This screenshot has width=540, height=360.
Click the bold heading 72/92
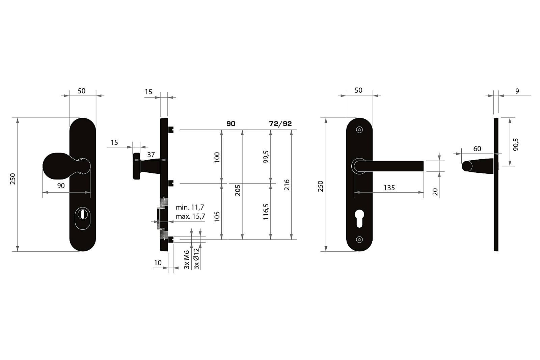(x=280, y=123)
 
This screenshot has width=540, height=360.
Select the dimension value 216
(x=287, y=185)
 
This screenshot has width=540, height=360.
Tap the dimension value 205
(x=238, y=190)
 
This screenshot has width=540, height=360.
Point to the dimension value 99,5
(x=266, y=157)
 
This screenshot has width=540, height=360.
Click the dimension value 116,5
(x=266, y=212)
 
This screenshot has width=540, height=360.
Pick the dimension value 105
(x=217, y=216)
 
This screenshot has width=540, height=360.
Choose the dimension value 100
(x=217, y=158)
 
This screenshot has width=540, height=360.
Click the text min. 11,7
(x=190, y=207)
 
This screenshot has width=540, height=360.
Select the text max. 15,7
(x=190, y=216)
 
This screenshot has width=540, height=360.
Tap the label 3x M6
(x=187, y=259)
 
